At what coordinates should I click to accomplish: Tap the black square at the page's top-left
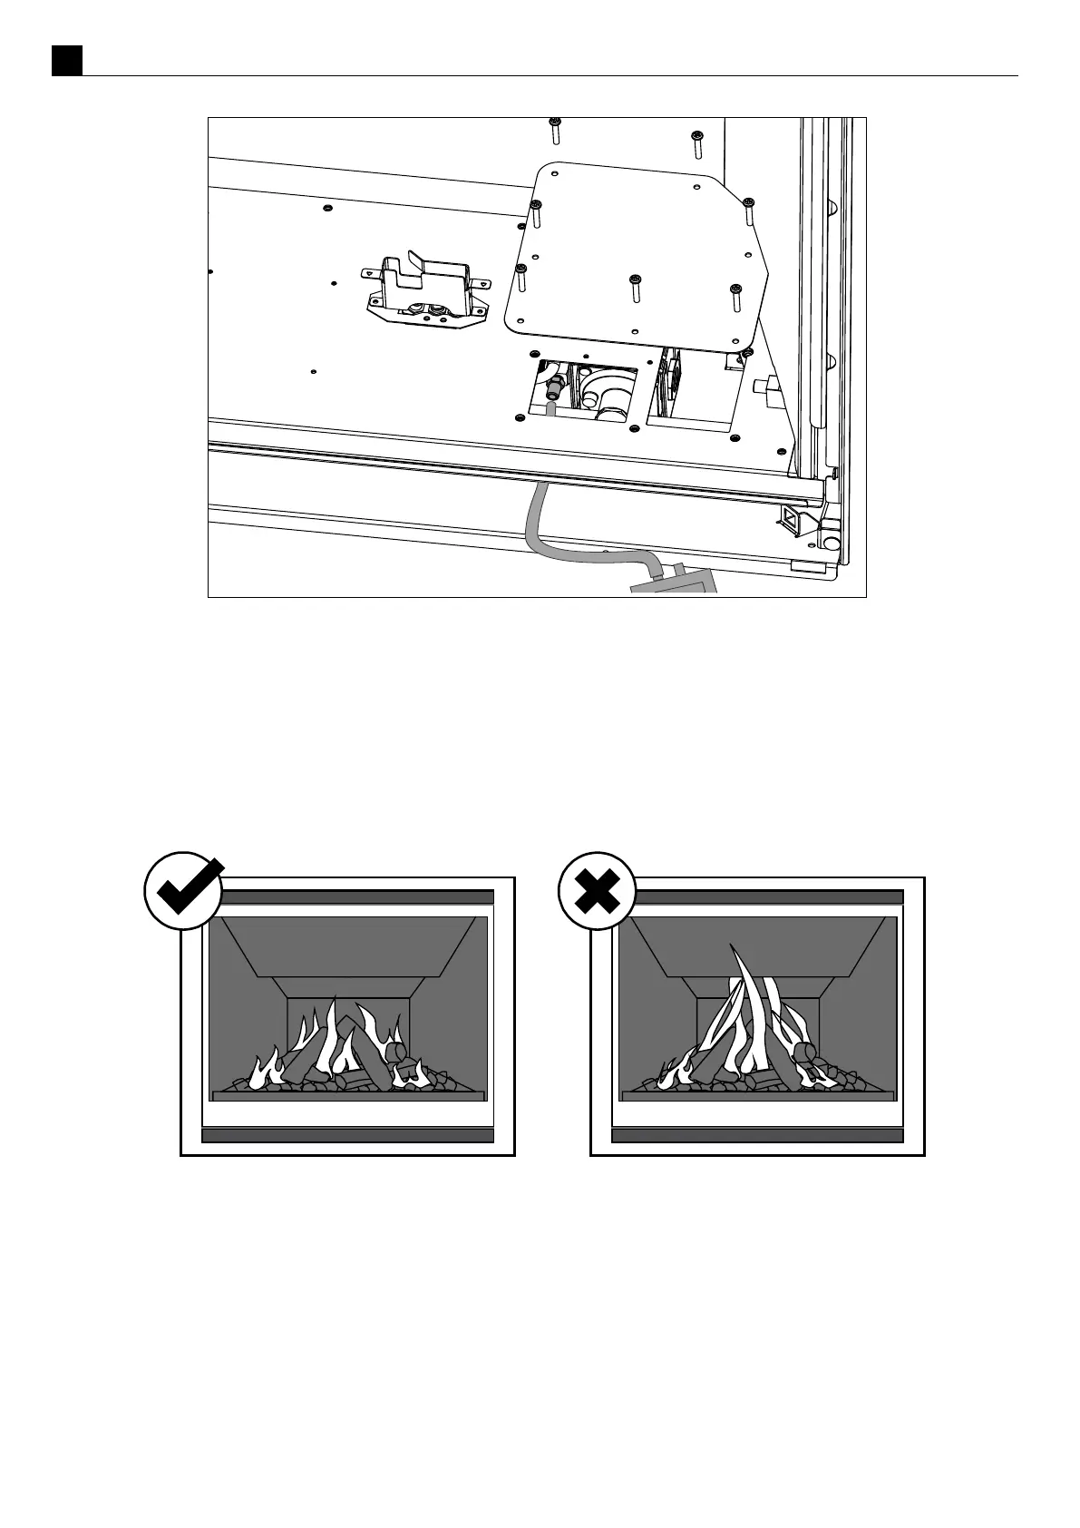[66, 61]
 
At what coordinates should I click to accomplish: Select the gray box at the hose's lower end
[675, 581]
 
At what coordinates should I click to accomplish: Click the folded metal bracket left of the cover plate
[424, 289]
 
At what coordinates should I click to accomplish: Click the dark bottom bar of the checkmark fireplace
[347, 1135]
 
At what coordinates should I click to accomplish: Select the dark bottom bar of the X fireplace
[757, 1135]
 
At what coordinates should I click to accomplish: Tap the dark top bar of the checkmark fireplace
[347, 896]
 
